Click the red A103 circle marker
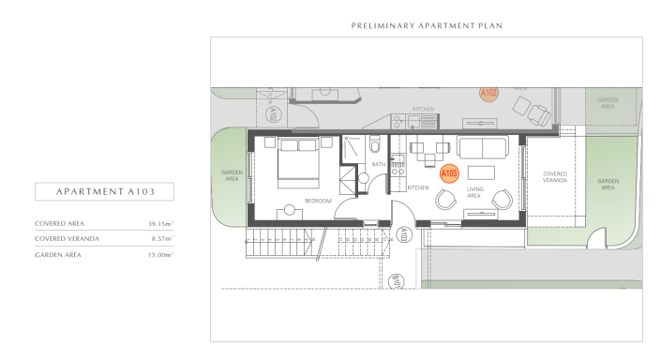(x=448, y=173)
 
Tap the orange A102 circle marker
(x=488, y=93)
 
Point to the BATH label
(x=379, y=164)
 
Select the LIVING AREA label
(x=474, y=194)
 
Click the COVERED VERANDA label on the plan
(x=554, y=176)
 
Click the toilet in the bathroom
(x=375, y=146)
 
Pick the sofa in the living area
(x=482, y=146)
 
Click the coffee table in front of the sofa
(x=481, y=172)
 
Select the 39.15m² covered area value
(x=162, y=224)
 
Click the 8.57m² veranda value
(x=164, y=239)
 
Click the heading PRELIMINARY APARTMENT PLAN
(x=426, y=25)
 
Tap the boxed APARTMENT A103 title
(x=104, y=192)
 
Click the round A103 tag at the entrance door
(x=402, y=234)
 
